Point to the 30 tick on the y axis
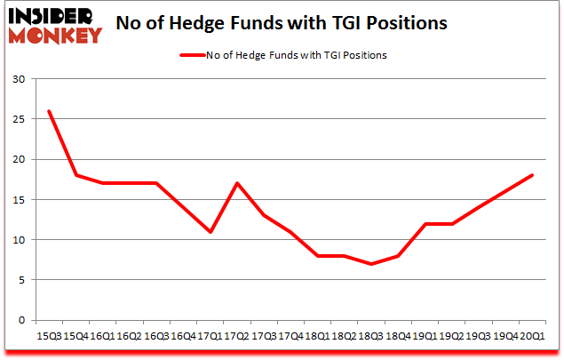coord(20,79)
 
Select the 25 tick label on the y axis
coord(20,119)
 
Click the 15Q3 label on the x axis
coord(48,335)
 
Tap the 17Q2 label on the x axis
coord(236,335)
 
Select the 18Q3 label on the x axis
coord(371,335)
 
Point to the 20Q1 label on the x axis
coord(533,335)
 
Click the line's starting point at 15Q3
coord(48,111)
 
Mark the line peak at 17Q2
coord(236,183)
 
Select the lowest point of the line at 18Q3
coord(371,264)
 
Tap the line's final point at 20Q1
coord(533,175)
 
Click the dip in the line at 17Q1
coord(210,232)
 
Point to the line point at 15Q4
coord(75,175)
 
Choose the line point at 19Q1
coord(425,224)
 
